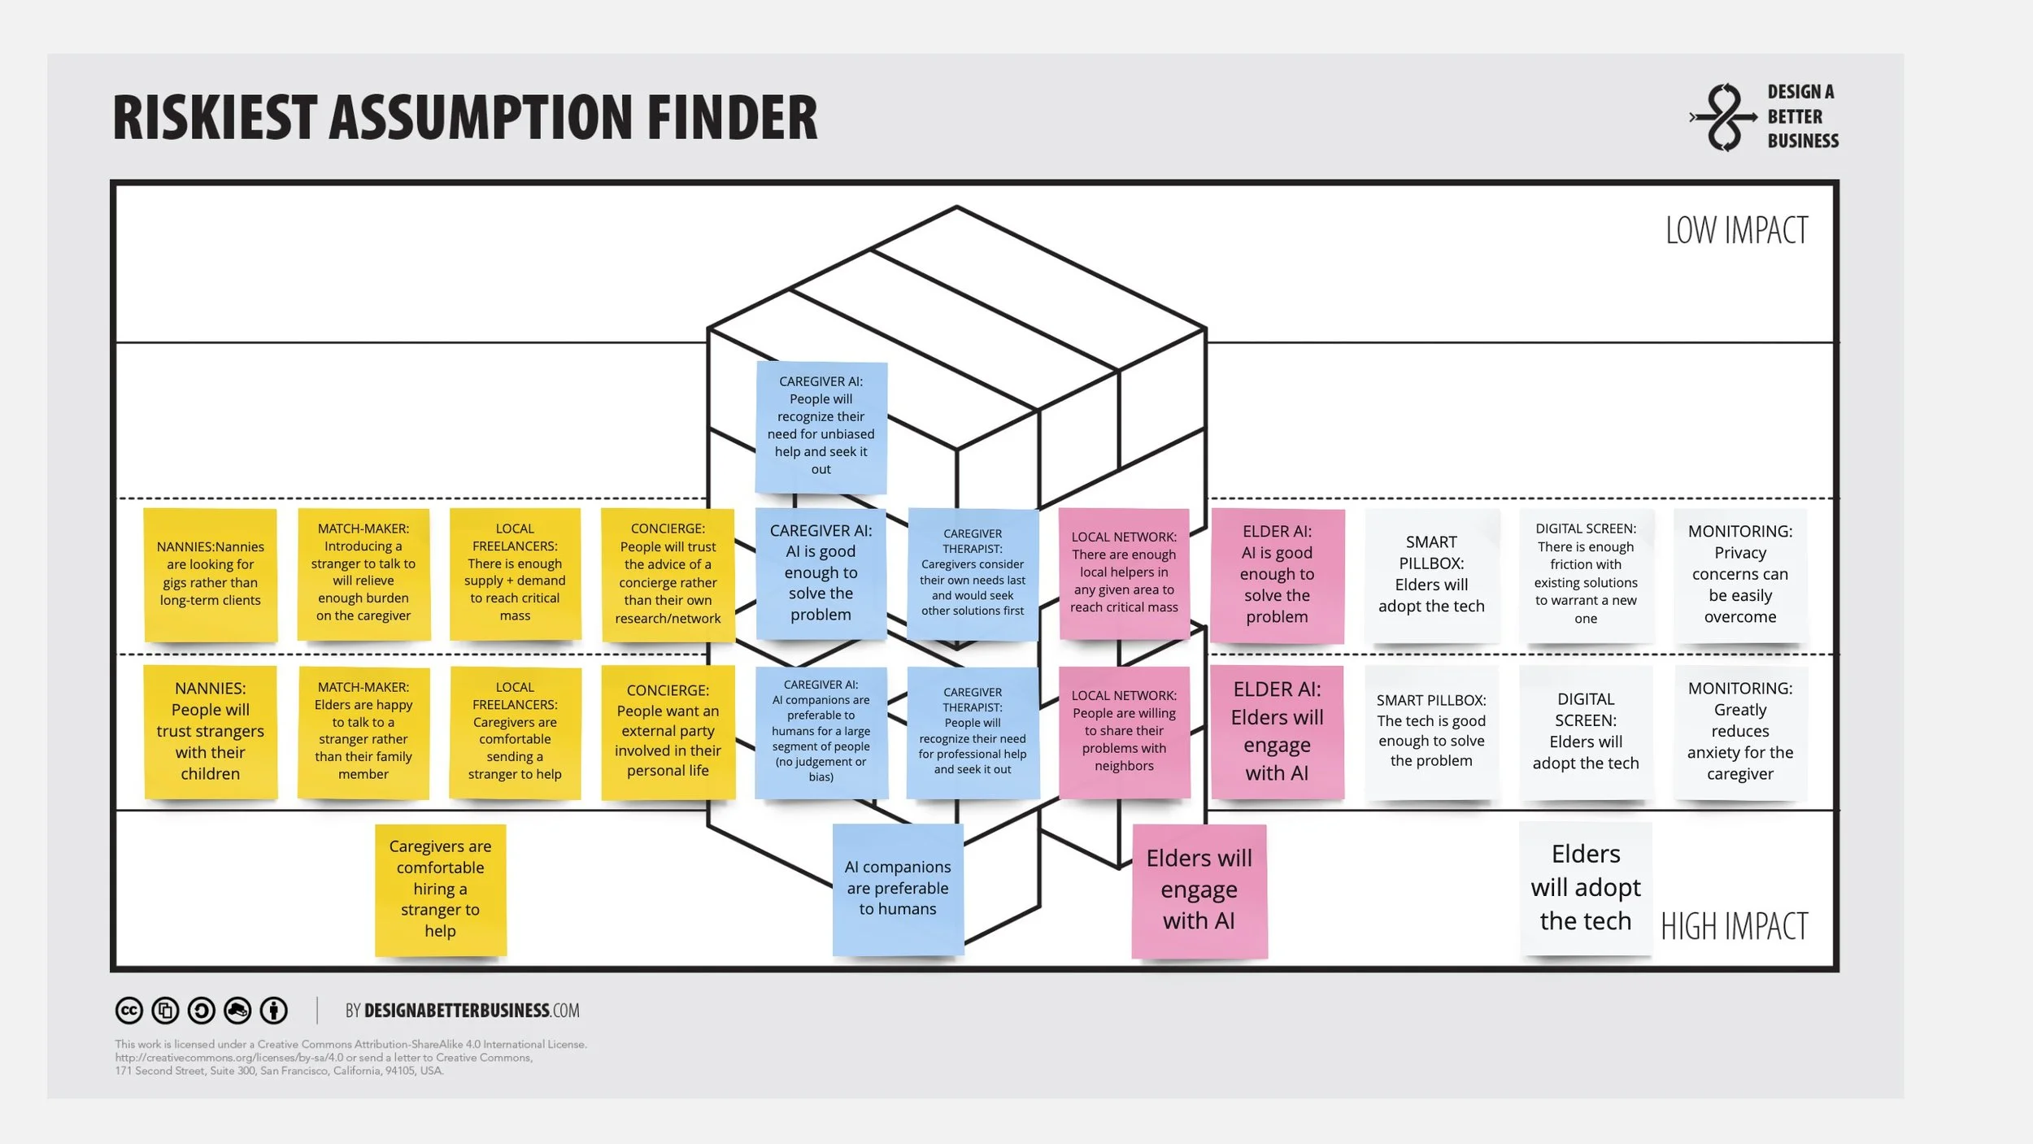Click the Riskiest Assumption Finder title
[464, 118]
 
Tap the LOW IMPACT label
[1735, 230]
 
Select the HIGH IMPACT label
[1734, 926]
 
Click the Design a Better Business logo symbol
[1722, 117]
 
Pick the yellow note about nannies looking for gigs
[211, 574]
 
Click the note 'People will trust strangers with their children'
[211, 731]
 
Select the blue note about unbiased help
[821, 426]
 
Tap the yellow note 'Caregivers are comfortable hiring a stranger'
[440, 889]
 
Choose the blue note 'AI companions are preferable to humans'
[898, 888]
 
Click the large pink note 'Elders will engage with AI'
[1199, 890]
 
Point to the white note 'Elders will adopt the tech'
[1585, 887]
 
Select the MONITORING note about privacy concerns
[1739, 574]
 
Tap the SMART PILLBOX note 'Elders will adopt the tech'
[1431, 574]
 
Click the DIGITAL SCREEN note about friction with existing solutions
[1585, 574]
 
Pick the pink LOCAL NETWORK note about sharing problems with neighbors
[1124, 731]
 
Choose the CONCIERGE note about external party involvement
[668, 731]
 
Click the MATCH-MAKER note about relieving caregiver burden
[363, 572]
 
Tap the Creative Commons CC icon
[128, 1011]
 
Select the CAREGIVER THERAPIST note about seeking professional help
[973, 733]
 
